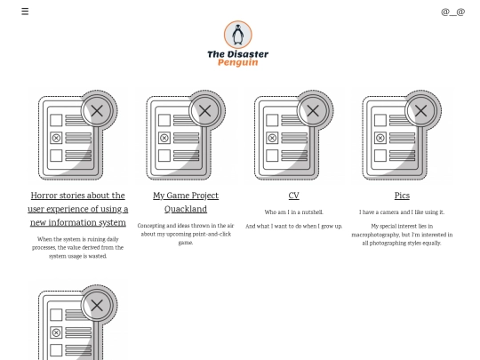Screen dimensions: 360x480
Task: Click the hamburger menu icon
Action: (x=25, y=12)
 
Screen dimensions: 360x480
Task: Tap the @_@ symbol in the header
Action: (x=452, y=12)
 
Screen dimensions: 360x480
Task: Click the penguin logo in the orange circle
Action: (x=237, y=35)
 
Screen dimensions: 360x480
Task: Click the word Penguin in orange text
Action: (x=237, y=63)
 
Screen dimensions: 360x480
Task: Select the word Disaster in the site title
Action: (x=249, y=54)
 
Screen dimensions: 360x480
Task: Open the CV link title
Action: (x=293, y=196)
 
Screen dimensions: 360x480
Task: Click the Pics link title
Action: (x=402, y=196)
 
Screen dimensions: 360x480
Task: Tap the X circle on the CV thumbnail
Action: (x=313, y=111)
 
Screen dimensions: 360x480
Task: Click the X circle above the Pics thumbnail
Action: (x=420, y=111)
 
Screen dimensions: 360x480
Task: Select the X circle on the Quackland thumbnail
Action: (x=205, y=111)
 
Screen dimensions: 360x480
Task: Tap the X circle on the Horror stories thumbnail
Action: (x=98, y=111)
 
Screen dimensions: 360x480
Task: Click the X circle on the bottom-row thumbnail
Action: (x=98, y=305)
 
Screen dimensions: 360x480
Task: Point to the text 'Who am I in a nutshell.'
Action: (x=293, y=212)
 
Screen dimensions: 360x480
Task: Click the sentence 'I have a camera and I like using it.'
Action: (x=402, y=212)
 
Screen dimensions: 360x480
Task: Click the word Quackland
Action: (x=186, y=210)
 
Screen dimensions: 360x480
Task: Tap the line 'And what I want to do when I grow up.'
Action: (x=293, y=227)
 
